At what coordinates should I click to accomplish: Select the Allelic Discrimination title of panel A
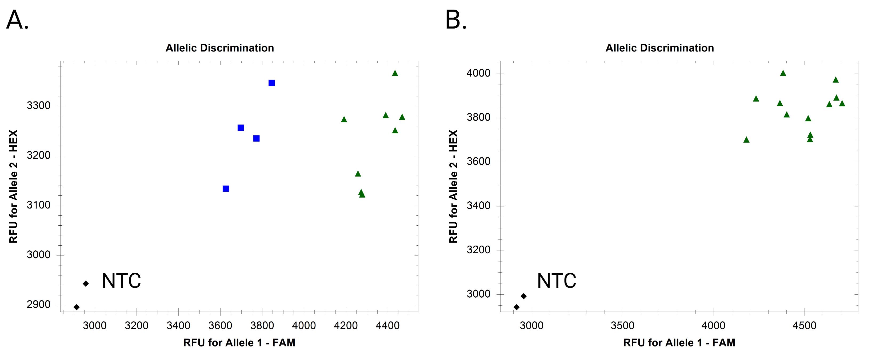coord(220,48)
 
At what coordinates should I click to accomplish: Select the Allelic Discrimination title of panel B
coord(660,48)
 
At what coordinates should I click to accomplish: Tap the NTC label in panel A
coord(121,281)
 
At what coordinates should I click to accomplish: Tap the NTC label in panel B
coord(557,281)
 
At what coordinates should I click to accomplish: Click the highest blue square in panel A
coord(271,83)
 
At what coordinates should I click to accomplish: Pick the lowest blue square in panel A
coord(225,189)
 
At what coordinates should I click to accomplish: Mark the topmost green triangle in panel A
coord(395,73)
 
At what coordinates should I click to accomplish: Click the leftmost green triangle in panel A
coord(344,119)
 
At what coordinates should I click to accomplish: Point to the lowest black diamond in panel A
coord(77,307)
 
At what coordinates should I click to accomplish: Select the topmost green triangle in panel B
coord(783,73)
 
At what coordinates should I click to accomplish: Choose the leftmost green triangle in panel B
coord(746,140)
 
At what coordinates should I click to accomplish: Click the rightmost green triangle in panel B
coord(842,103)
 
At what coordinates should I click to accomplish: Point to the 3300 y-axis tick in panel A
coord(39,106)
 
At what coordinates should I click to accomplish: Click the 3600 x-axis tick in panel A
coord(220,326)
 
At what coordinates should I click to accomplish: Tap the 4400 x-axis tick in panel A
coord(388,326)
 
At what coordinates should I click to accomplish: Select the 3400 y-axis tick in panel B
coord(478,206)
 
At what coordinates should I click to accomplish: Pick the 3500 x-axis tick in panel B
coord(622,326)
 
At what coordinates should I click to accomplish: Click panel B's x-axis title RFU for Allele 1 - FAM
coord(679,343)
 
